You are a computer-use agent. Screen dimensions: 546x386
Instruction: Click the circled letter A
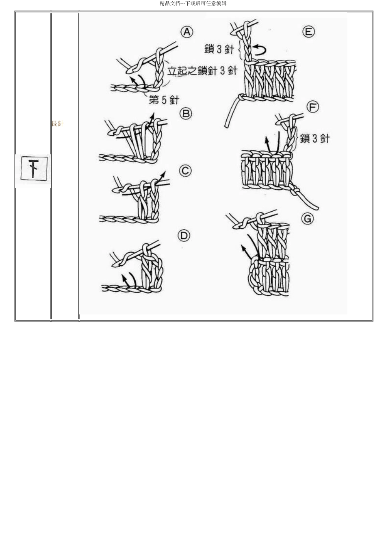click(x=186, y=32)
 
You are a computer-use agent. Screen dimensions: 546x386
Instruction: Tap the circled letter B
click(x=186, y=114)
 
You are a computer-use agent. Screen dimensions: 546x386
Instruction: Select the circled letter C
click(x=185, y=171)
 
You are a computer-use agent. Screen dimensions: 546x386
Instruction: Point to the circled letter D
click(x=184, y=236)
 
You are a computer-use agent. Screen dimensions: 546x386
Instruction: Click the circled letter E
click(x=308, y=32)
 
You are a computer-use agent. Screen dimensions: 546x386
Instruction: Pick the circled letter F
click(x=312, y=107)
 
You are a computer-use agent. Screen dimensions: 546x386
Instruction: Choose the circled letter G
click(x=308, y=219)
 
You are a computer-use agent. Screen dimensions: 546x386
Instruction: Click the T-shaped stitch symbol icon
click(x=34, y=168)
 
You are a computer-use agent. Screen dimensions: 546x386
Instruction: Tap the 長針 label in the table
click(x=57, y=123)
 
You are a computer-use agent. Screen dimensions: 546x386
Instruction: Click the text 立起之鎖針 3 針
click(x=202, y=70)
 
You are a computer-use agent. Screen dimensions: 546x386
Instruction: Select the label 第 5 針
click(x=164, y=99)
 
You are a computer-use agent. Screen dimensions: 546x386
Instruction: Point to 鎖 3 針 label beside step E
click(x=219, y=49)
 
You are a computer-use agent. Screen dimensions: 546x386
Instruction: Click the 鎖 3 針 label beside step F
click(x=315, y=139)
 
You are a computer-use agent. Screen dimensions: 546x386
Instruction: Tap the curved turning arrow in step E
click(x=260, y=50)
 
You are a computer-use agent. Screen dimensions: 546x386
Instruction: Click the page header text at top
click(x=193, y=4)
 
